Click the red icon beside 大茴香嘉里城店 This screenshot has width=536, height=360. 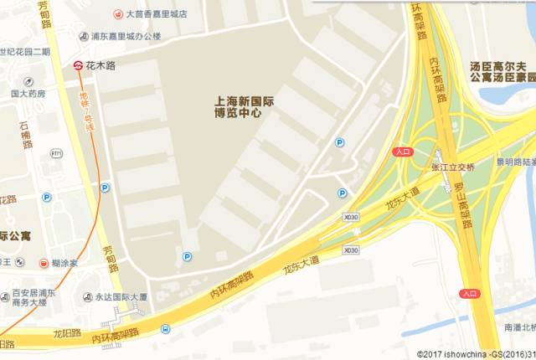[118, 14]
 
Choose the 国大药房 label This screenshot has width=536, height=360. [28, 95]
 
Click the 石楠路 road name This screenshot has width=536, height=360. [25, 134]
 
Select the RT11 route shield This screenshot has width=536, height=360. [56, 153]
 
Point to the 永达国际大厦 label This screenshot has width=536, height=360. [121, 296]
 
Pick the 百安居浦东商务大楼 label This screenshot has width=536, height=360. [33, 299]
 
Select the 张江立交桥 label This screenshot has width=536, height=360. [452, 167]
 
